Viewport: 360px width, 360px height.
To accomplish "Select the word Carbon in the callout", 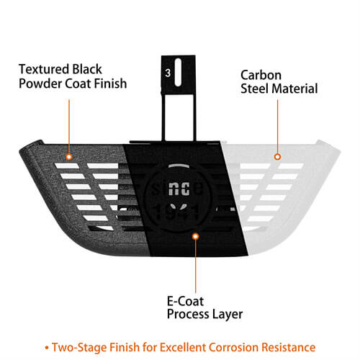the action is [x=261, y=75].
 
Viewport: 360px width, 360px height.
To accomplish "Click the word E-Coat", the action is [x=185, y=301].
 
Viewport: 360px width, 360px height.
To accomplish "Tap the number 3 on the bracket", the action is [x=168, y=73].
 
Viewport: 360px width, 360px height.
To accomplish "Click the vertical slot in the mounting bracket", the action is [x=178, y=72].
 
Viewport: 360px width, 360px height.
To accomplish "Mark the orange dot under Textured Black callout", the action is [x=69, y=157].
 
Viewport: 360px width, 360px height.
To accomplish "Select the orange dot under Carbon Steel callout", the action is [x=277, y=157].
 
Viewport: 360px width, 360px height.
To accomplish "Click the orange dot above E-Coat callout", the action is [x=196, y=236].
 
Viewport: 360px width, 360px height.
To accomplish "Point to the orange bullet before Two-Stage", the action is [x=47, y=348].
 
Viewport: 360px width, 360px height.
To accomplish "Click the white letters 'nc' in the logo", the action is [x=179, y=189].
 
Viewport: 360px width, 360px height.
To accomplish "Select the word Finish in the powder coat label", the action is [x=110, y=84].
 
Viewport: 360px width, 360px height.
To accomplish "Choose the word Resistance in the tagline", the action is [x=289, y=347].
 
